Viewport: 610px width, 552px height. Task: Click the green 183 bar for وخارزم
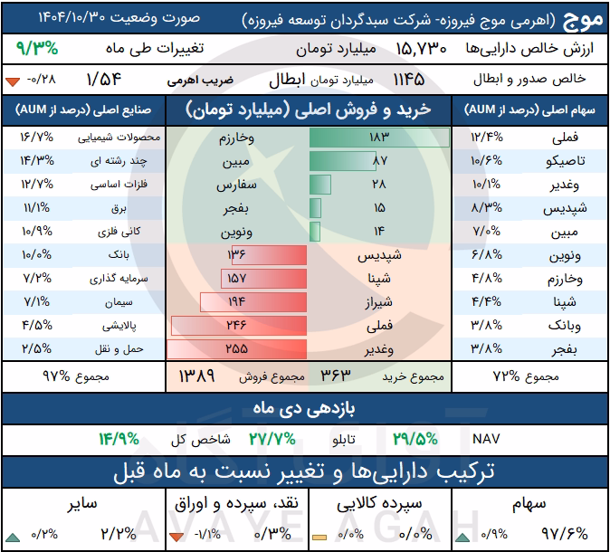(x=379, y=138)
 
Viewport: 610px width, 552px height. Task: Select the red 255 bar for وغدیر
(x=236, y=349)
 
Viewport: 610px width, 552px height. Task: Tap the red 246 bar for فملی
(x=239, y=326)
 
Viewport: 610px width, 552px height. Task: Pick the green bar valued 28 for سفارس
(x=320, y=185)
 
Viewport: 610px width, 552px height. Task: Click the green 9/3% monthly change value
(x=37, y=49)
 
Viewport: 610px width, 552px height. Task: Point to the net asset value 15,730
(x=422, y=49)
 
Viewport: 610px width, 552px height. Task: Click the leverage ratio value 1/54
(x=104, y=80)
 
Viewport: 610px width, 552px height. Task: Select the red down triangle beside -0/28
(x=13, y=81)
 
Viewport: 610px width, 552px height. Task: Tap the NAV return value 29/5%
(x=415, y=439)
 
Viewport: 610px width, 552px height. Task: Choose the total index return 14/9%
(x=119, y=439)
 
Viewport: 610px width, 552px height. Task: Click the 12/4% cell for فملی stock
(x=487, y=138)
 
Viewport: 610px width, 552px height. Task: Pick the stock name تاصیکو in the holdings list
(x=566, y=161)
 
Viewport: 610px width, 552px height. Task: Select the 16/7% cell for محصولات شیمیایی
(x=37, y=138)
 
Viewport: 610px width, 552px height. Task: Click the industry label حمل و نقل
(x=119, y=349)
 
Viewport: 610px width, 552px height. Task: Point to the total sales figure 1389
(x=196, y=376)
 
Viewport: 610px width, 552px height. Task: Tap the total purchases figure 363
(x=336, y=376)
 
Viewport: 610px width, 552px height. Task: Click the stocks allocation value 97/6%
(x=565, y=534)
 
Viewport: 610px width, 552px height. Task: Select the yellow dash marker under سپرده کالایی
(x=319, y=538)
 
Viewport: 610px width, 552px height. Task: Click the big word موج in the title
(x=582, y=20)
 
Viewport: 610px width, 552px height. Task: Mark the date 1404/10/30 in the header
(x=72, y=17)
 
